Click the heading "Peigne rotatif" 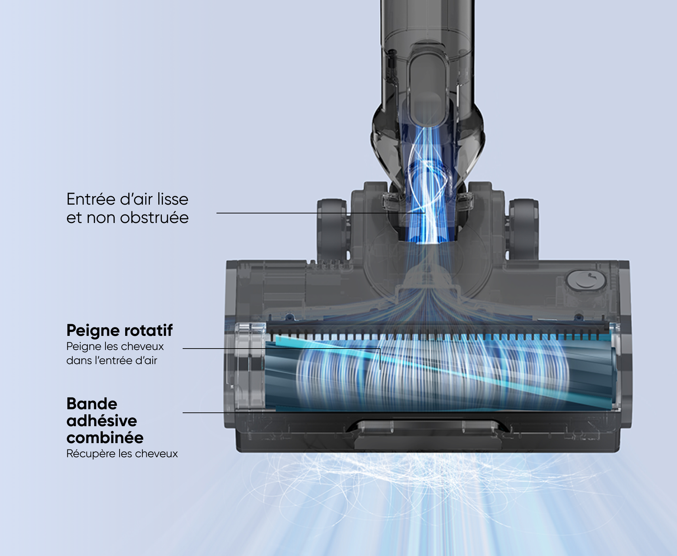(119, 331)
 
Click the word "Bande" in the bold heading (92, 404)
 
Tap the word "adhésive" (102, 421)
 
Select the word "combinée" (105, 438)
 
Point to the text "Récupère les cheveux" (122, 454)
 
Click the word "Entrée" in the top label (91, 199)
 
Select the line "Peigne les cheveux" (115, 346)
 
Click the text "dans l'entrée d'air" (111, 361)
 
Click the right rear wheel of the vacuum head (524, 229)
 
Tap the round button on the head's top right (586, 281)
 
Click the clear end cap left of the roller (249, 367)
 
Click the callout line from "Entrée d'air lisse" (317, 213)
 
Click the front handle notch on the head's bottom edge (427, 434)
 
